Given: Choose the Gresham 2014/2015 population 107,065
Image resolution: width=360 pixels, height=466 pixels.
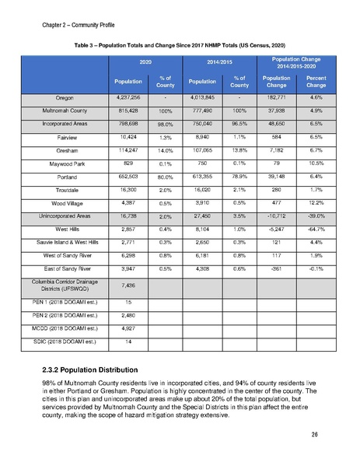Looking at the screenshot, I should pyautogui.click(x=200, y=147).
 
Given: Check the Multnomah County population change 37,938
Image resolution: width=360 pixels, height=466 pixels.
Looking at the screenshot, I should pyautogui.click(x=276, y=114).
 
